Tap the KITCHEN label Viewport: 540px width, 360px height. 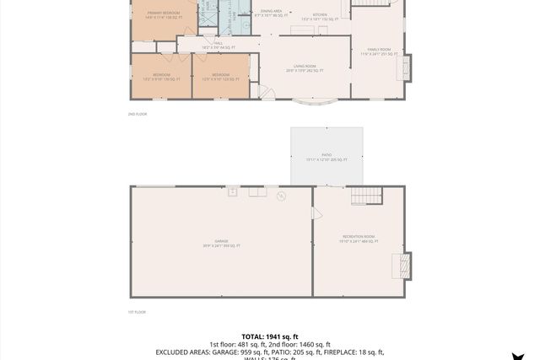[x=321, y=15]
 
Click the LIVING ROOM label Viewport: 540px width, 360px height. [x=305, y=68]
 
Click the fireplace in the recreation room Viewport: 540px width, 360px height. [x=405, y=266]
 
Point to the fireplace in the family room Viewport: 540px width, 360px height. [x=405, y=67]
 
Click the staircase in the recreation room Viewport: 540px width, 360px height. [x=366, y=196]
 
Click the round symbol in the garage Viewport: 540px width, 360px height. [x=282, y=196]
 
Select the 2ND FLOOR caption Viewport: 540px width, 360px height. [x=137, y=114]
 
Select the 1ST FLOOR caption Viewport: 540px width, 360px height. [x=137, y=312]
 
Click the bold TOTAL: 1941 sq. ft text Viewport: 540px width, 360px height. [x=270, y=336]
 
